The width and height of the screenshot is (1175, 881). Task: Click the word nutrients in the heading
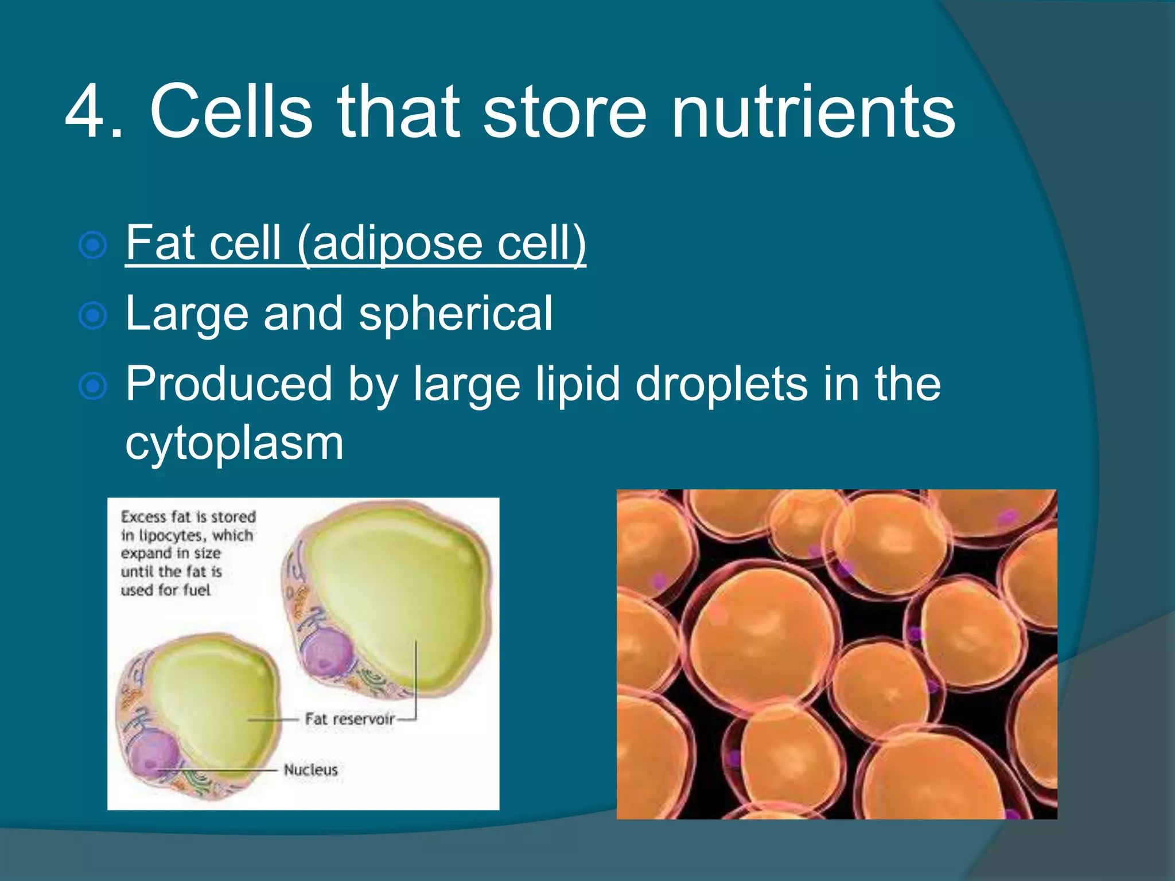point(813,112)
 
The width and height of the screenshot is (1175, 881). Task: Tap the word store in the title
point(565,112)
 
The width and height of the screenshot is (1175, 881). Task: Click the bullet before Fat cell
point(92,245)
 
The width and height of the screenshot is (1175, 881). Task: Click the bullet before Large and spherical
point(92,315)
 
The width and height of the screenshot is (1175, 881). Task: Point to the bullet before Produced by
point(92,386)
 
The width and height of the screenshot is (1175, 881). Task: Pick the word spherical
point(456,314)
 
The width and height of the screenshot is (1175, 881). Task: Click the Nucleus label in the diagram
point(310,770)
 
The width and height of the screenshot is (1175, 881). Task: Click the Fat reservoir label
point(349,719)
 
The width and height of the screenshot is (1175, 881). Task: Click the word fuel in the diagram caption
point(196,590)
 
